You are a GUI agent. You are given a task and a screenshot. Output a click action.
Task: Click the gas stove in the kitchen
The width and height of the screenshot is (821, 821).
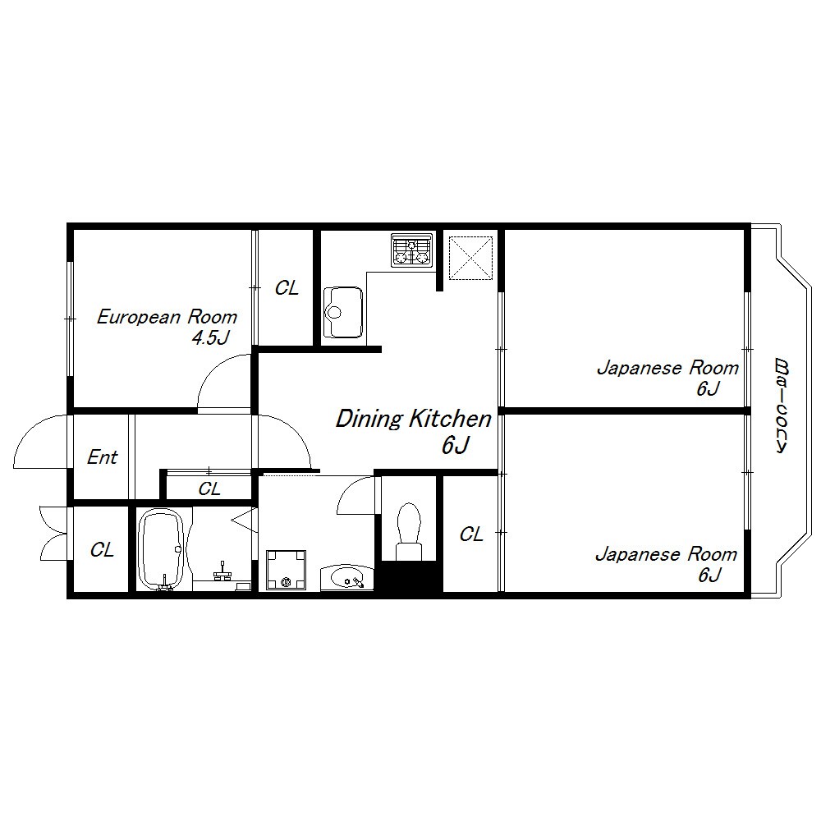point(412,250)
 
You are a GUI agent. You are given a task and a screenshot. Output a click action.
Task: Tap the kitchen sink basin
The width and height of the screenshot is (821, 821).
point(343,312)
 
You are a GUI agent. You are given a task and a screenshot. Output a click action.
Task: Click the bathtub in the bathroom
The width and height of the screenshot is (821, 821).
point(161,549)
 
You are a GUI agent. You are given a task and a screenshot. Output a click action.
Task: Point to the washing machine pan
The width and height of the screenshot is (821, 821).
point(286,570)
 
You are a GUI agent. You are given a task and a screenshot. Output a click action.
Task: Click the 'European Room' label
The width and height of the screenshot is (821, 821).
point(167,317)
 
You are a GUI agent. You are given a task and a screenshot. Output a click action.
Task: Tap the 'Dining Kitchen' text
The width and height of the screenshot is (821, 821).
point(414,419)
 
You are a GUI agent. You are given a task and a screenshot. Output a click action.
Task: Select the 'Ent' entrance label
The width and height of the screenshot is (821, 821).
point(102,457)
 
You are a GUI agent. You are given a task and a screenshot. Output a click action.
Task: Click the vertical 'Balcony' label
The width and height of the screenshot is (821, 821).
point(782,405)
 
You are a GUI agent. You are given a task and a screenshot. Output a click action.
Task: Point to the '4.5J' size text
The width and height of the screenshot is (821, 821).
point(210,338)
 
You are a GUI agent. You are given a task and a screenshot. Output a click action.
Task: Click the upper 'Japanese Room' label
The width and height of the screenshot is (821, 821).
point(668,368)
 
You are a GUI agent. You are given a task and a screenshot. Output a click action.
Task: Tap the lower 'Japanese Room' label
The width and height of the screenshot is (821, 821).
point(667,554)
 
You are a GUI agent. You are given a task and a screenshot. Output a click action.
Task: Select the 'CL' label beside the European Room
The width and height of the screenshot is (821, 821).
point(287,288)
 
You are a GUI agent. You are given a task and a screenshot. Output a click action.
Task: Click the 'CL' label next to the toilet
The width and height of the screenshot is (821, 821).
point(470,534)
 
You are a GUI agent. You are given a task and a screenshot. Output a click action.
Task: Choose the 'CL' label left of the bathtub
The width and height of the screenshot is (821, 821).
point(102,550)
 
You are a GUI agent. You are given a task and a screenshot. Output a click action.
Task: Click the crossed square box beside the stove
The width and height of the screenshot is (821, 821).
point(471,258)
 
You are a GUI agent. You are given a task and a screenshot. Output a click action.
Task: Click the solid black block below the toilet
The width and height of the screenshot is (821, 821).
point(409,576)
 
